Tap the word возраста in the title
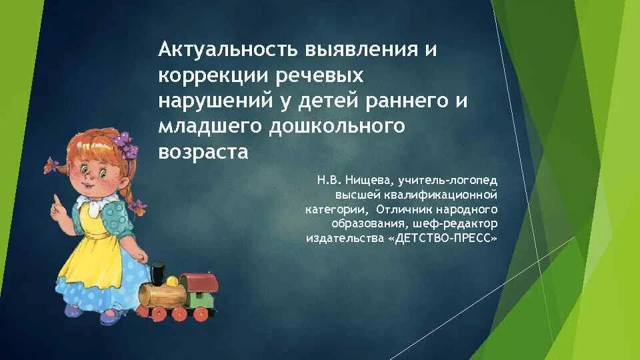click(x=203, y=151)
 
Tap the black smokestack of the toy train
click(x=157, y=273)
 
